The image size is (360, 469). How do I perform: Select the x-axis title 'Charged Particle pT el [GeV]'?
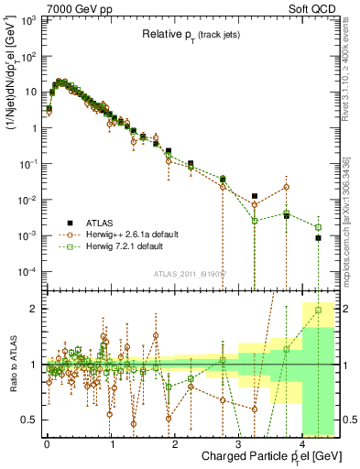[x=245, y=454]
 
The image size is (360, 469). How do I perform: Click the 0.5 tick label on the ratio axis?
[x=29, y=420]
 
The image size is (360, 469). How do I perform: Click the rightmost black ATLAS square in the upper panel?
[x=318, y=238]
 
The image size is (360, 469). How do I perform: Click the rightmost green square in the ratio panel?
[x=318, y=310]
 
